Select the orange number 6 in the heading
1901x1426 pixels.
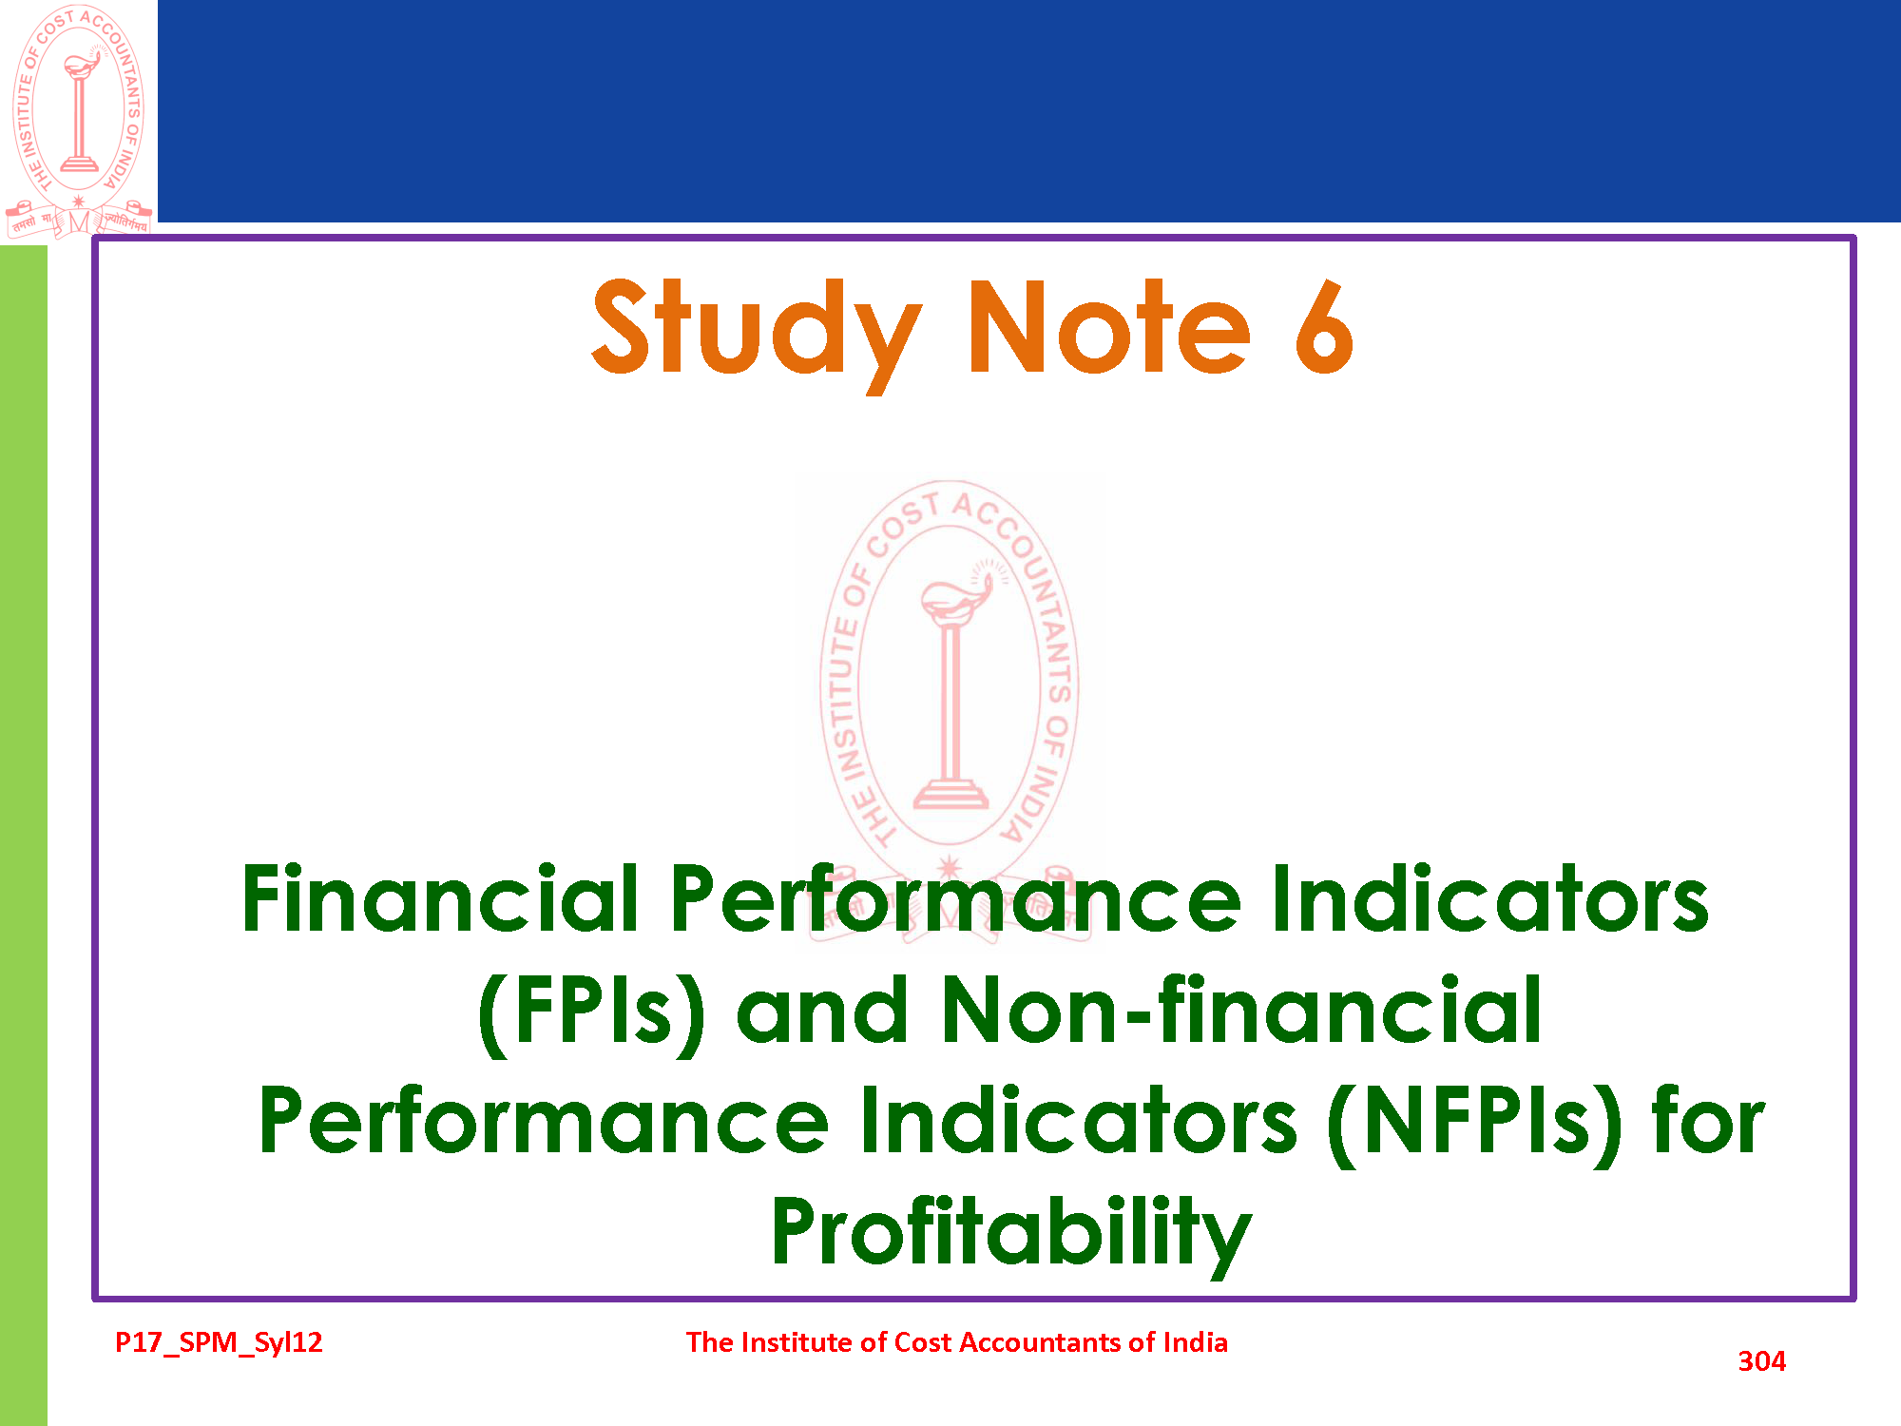1324,327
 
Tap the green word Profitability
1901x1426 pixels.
1011,1232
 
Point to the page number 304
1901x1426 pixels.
1761,1361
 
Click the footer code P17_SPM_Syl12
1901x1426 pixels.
219,1342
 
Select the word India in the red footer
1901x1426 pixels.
1196,1342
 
